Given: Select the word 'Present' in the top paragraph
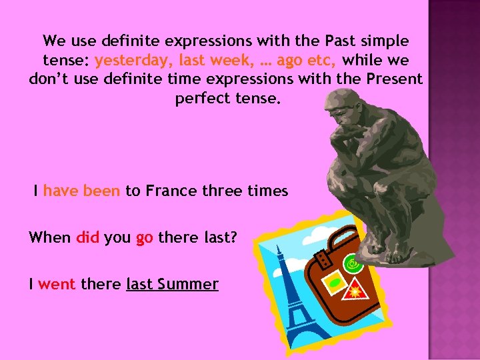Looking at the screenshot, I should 394,79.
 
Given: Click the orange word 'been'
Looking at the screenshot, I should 102,191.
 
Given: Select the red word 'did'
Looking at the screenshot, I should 88,238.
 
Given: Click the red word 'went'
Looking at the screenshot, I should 57,285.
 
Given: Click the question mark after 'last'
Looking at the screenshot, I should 233,238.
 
